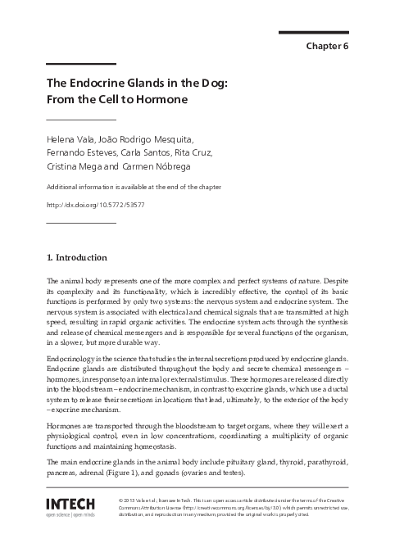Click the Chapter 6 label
(327, 45)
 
